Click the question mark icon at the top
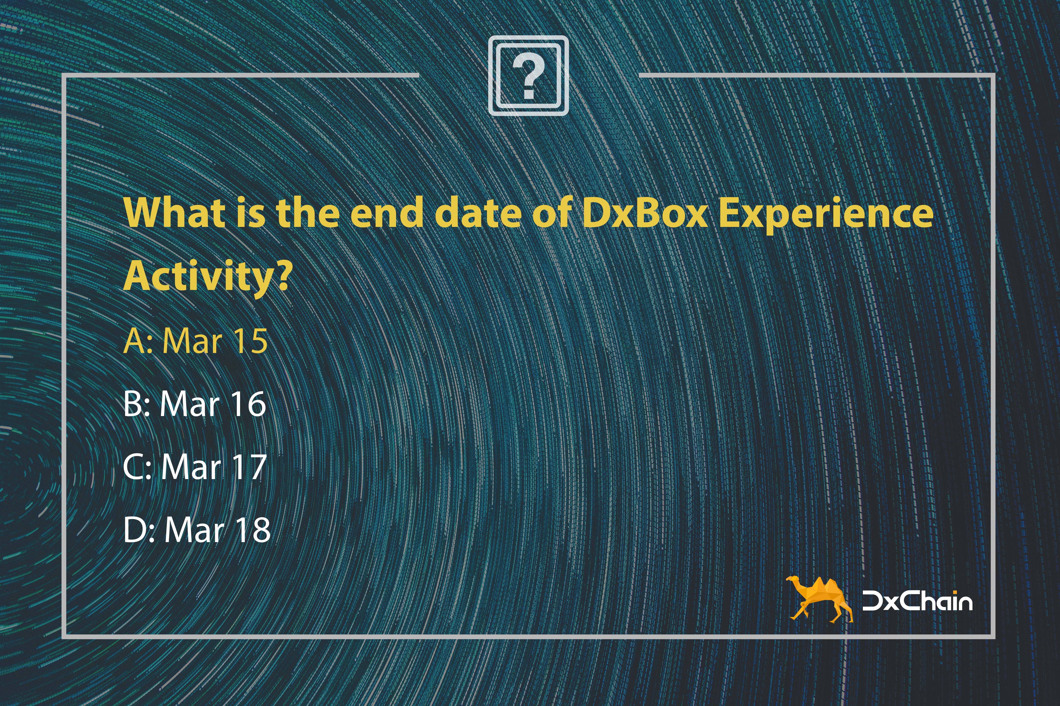tap(528, 76)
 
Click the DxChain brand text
tap(917, 601)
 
